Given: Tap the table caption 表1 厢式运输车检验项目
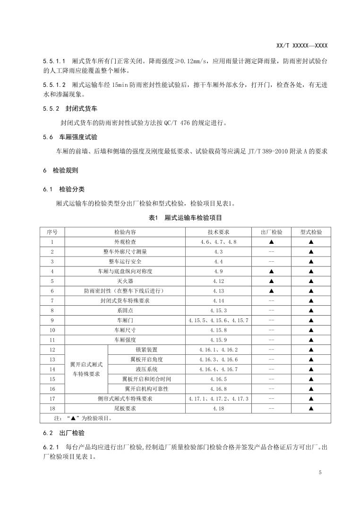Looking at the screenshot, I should pos(185,218).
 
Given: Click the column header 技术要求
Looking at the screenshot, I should pos(218,232).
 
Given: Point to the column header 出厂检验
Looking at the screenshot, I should pos(272,232).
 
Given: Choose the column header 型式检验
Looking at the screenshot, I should pos(311,232).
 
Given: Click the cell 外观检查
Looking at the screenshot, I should pos(125,242).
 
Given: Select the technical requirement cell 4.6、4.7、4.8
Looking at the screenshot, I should pos(218,242).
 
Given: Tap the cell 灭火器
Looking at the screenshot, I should pos(125,281).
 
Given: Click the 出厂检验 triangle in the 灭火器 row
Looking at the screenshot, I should pos(272,281).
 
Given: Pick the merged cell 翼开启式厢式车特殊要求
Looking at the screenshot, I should pos(86,369).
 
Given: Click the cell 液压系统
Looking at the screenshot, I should pos(146,369).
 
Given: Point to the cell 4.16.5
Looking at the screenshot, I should pos(218,379).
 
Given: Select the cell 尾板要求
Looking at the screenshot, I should pos(125,408).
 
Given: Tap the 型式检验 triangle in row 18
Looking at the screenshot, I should pos(311,408).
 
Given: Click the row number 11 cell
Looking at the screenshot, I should pos(52,340).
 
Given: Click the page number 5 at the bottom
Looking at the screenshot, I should pos(320,472).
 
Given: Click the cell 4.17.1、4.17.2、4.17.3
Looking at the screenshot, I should pos(218,399).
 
